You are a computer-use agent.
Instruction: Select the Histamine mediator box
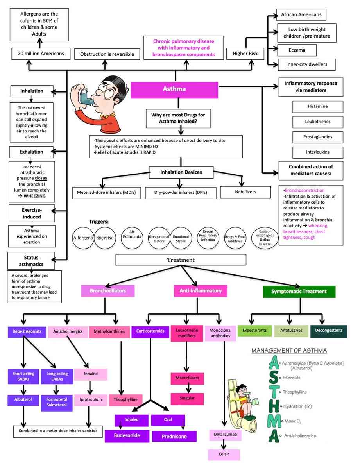pos(317,106)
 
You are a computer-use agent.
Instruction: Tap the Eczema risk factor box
pos(297,50)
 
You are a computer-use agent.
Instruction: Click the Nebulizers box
pos(245,192)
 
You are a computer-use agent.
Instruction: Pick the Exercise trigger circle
pos(105,237)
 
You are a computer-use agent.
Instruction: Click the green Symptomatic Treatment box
pos(299,291)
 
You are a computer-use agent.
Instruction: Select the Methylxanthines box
pos(109,332)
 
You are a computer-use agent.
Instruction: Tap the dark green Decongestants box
pos(329,331)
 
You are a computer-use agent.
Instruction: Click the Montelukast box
pos(187,379)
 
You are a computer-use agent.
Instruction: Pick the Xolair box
pos(223,455)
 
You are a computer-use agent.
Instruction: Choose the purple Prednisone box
pos(174,436)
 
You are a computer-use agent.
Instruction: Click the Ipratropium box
pos(91,400)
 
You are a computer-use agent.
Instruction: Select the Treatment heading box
pos(181,260)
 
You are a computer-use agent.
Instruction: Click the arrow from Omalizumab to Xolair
pos(224,444)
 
